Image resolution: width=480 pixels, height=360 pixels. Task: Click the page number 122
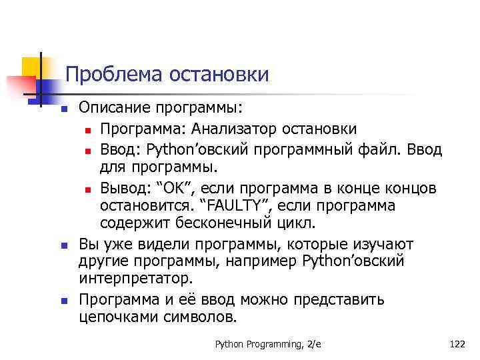click(x=457, y=344)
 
